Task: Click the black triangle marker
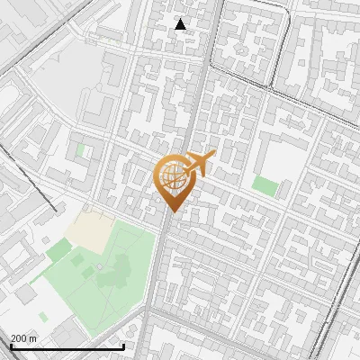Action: tap(181, 24)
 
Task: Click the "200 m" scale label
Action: tap(24, 337)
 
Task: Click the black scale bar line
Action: tap(67, 346)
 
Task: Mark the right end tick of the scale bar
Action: tap(124, 344)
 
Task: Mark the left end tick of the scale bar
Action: tap(10, 344)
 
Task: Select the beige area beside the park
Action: tap(88, 229)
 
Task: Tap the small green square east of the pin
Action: tap(265, 185)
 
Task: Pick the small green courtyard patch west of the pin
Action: tap(81, 150)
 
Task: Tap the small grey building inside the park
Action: tap(99, 268)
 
